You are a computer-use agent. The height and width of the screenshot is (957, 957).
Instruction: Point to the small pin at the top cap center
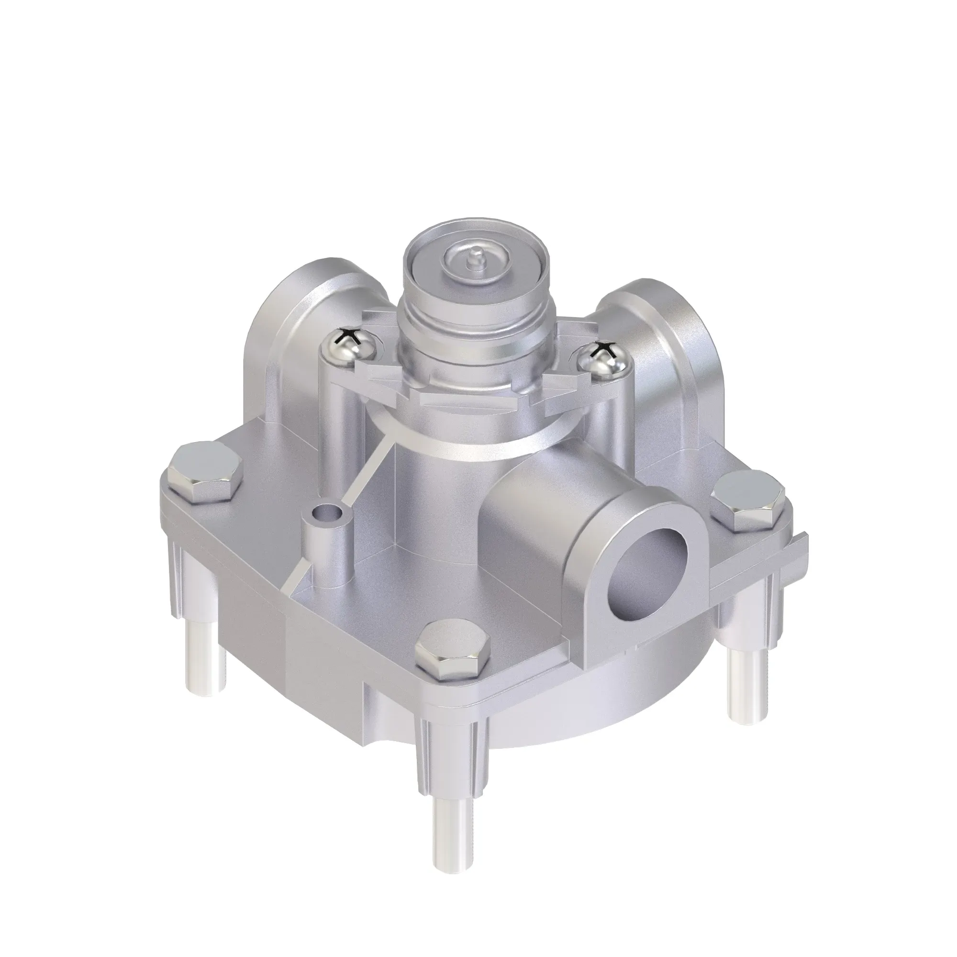tap(475, 258)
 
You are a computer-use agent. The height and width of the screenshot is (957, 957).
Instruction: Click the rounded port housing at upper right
tap(659, 347)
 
